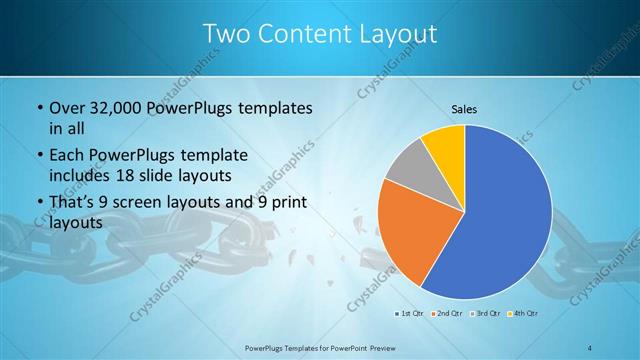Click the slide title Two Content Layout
[x=320, y=33]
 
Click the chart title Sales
[x=465, y=109]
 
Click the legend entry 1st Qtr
[x=409, y=314]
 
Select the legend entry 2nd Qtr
[x=447, y=314]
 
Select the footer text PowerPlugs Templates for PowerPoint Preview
[x=320, y=347]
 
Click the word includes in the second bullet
[x=79, y=177]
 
